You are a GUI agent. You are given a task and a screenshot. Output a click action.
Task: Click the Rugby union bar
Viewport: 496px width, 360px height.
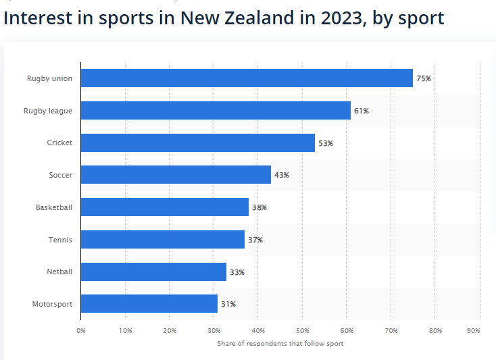(x=247, y=78)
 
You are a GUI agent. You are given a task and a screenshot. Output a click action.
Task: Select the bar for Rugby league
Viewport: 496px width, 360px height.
(x=216, y=111)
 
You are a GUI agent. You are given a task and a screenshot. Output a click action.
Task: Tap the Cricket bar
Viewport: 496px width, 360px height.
(x=198, y=143)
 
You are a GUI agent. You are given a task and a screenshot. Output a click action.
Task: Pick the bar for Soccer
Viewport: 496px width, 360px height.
(x=176, y=175)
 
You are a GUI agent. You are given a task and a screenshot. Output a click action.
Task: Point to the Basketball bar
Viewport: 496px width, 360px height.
(x=165, y=207)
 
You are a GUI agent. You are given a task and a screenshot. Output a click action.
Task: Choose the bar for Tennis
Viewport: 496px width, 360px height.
(x=163, y=240)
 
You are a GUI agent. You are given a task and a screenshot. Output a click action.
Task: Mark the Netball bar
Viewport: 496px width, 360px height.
(x=153, y=272)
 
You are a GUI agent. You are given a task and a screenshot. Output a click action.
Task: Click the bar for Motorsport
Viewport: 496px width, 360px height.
(x=149, y=304)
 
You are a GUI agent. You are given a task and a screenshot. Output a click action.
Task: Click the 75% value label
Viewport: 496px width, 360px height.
(x=424, y=78)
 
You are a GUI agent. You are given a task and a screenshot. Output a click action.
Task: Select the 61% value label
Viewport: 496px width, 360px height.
(x=362, y=111)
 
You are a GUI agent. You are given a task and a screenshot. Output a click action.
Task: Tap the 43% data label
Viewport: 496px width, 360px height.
(x=282, y=175)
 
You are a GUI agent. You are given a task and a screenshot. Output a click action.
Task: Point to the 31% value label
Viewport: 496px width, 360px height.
(x=228, y=304)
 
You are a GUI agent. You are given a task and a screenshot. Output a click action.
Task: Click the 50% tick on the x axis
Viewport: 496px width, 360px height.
(x=303, y=331)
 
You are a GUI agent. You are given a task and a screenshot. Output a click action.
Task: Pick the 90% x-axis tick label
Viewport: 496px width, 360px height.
(x=473, y=331)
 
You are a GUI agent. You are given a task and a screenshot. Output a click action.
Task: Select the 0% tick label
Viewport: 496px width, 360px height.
(x=81, y=331)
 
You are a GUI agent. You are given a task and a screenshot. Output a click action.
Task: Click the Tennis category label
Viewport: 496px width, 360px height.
(x=60, y=240)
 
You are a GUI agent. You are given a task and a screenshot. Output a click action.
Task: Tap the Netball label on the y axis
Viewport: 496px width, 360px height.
(x=59, y=272)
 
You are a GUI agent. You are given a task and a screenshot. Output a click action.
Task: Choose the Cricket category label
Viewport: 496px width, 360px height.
(x=59, y=143)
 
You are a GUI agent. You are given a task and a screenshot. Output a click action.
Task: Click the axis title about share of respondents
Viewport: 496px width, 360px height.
(x=280, y=344)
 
